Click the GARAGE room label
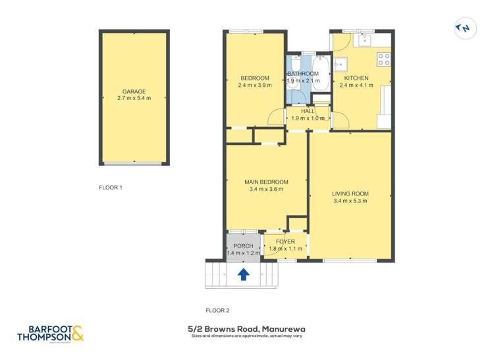(134, 91)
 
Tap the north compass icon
(464, 28)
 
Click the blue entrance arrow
(243, 274)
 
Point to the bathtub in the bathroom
(320, 76)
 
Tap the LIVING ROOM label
(350, 193)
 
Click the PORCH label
(243, 246)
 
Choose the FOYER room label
(285, 242)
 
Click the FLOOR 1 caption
(111, 188)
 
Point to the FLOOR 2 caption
(217, 310)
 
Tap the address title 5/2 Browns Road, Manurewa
(246, 328)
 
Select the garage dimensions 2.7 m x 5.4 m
(134, 99)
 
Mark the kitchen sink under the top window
(364, 40)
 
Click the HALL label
(308, 111)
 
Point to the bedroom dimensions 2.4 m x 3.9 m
(254, 85)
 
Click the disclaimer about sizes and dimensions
(246, 336)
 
